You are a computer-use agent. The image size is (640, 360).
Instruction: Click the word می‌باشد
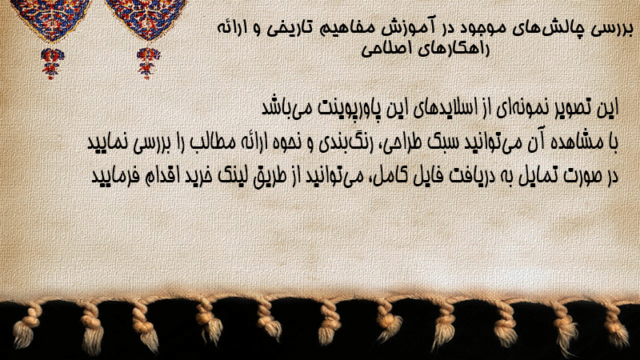(x=282, y=108)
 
